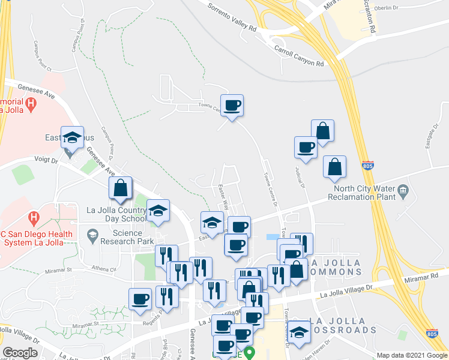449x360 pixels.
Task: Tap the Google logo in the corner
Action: (20, 353)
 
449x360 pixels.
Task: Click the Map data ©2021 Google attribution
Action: (412, 355)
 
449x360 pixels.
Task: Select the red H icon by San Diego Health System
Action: (34, 216)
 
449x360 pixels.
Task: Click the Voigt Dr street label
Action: (46, 161)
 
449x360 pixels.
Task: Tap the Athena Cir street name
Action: (104, 269)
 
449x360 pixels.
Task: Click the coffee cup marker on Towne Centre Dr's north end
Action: (232, 106)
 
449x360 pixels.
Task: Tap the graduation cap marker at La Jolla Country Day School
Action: (158, 211)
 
